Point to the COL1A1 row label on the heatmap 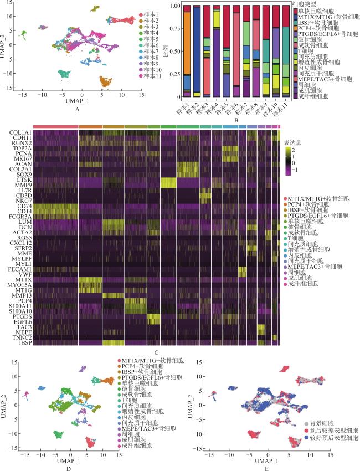tap(19, 131)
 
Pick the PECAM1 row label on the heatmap tap(20, 268)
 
